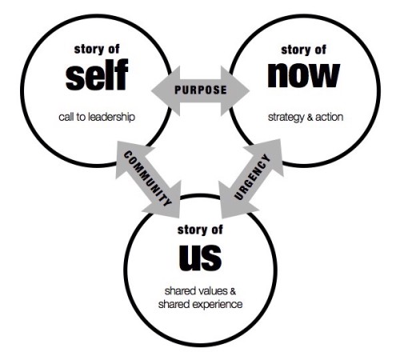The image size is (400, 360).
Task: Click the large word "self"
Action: tap(97, 74)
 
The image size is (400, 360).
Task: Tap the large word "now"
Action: tap(304, 75)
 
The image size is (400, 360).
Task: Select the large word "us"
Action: tap(200, 258)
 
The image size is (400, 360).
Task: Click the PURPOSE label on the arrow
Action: tap(201, 90)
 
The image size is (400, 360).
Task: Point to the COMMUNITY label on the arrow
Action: tap(147, 178)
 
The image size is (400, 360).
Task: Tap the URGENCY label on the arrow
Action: tap(252, 177)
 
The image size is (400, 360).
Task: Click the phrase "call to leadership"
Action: tap(97, 117)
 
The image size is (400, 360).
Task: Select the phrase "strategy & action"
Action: tap(306, 118)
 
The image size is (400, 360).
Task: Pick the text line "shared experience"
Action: tap(200, 304)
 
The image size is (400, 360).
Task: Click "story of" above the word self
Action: tap(97, 50)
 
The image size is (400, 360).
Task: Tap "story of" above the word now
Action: tap(304, 50)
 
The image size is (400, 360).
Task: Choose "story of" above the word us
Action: tap(200, 230)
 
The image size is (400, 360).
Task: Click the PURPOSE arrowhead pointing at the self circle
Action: tap(166, 91)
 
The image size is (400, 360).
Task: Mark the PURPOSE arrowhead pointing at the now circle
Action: tap(234, 91)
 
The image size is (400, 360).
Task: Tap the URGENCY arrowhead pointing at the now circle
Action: tap(268, 156)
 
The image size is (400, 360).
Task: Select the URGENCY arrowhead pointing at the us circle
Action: tap(234, 202)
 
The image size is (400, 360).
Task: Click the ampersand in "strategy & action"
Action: tap(310, 117)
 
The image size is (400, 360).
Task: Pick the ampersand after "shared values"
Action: tap(233, 291)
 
